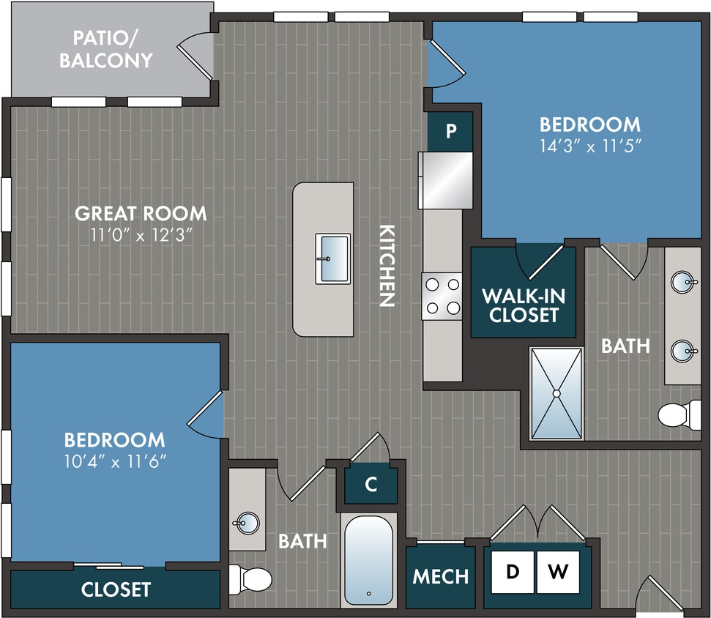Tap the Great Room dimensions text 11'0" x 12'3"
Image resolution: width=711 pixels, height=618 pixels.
coord(141,236)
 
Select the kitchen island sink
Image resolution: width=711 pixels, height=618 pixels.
coord(332,258)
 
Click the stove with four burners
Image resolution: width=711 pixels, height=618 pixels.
coord(442,296)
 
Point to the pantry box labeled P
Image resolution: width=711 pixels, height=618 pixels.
coord(451,132)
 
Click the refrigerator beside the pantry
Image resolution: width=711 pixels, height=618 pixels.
coord(445,179)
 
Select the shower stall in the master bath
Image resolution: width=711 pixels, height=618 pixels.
coord(556,393)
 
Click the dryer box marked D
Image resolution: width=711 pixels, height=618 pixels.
coord(512,571)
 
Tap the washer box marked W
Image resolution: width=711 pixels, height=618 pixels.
coord(558,571)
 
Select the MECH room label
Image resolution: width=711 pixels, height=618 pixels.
coord(440,576)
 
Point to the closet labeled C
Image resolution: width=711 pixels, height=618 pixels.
coord(371,485)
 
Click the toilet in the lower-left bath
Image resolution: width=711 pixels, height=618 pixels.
coord(248,579)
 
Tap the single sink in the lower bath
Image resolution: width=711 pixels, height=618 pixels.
coord(247,524)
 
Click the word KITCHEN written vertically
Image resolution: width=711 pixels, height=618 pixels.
coord(387,264)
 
